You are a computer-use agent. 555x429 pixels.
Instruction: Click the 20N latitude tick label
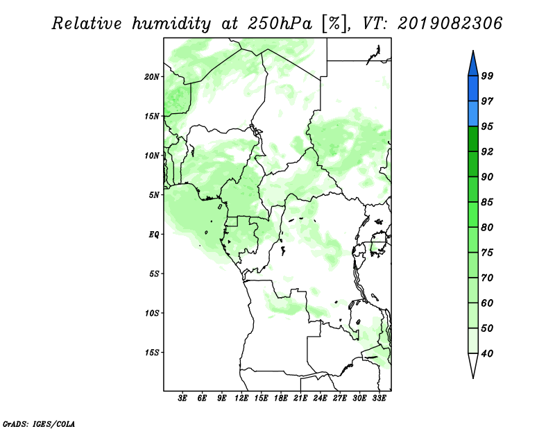[152, 77]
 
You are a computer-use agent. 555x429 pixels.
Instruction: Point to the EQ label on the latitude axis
[153, 235]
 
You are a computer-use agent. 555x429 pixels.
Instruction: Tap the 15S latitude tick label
[152, 353]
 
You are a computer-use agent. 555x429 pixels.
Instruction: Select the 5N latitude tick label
[154, 195]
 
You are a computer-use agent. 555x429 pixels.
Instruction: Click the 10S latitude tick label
[152, 313]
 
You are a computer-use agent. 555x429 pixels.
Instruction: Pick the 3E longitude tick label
[182, 398]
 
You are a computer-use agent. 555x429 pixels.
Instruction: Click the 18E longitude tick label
[280, 398]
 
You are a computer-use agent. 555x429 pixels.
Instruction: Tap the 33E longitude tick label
[379, 398]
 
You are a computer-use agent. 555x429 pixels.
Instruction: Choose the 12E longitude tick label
[241, 398]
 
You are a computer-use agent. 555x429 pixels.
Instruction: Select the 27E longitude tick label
[339, 398]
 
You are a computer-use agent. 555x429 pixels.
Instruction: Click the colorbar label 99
[487, 76]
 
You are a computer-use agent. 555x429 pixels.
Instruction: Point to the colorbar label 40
[487, 353]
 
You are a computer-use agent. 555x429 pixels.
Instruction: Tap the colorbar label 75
[487, 253]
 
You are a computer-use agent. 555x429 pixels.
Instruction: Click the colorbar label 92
[487, 151]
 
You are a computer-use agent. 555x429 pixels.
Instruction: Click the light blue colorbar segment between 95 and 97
[473, 114]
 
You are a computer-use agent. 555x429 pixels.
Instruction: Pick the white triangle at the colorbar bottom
[473, 364]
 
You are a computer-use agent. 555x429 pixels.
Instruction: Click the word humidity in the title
[171, 24]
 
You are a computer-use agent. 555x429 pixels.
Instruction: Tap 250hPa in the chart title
[280, 24]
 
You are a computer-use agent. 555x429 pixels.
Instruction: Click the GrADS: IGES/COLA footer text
[39, 423]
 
